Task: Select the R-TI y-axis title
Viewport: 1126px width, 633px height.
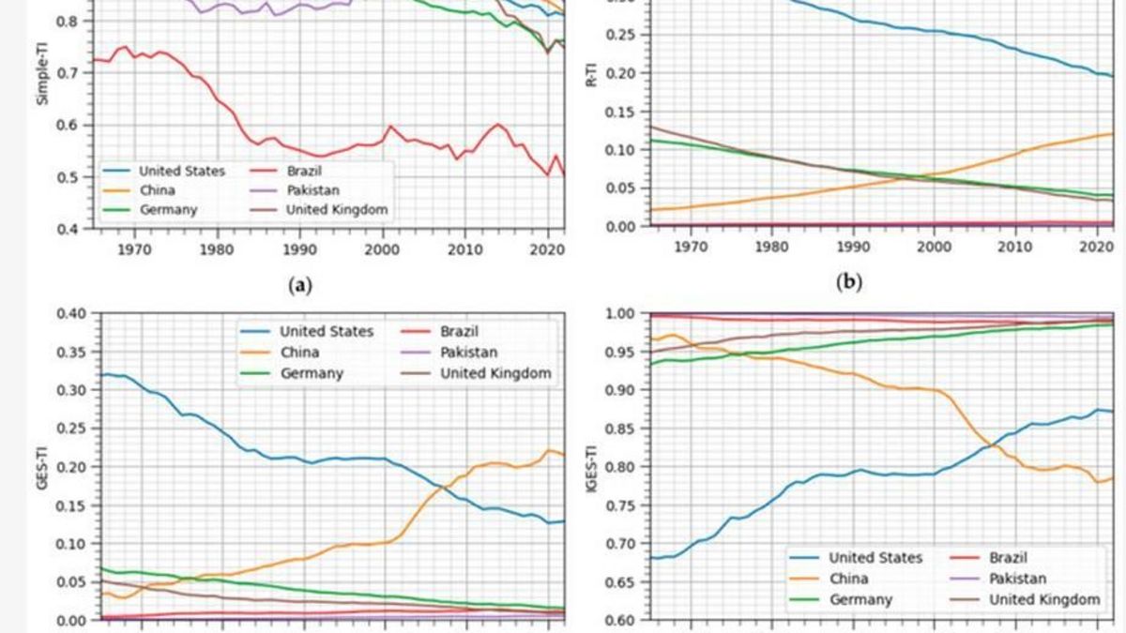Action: point(591,73)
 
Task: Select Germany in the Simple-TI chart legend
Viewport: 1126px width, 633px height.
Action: point(169,210)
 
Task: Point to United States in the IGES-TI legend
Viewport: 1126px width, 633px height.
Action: point(875,558)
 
